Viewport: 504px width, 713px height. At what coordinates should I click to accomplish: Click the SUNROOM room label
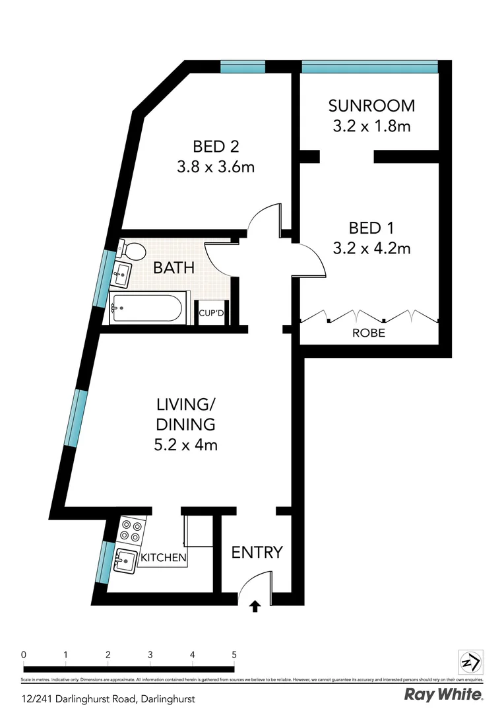tap(371, 106)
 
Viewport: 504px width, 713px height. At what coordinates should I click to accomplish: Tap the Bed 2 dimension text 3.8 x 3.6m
tap(216, 167)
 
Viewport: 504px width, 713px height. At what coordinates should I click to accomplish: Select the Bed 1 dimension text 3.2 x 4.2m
tap(372, 248)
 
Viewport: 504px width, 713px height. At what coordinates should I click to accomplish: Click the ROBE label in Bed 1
tap(369, 333)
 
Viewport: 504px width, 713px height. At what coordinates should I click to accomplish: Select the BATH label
tap(173, 268)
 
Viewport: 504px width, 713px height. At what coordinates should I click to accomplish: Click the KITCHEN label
tap(163, 558)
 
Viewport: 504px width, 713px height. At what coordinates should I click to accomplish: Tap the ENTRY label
tap(257, 552)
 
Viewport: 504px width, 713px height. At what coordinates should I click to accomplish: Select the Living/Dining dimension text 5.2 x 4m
tap(186, 444)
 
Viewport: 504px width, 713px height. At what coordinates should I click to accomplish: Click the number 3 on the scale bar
tap(150, 654)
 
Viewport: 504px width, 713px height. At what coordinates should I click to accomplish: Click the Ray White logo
tap(443, 695)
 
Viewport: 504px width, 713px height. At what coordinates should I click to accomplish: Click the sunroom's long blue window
tap(369, 67)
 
